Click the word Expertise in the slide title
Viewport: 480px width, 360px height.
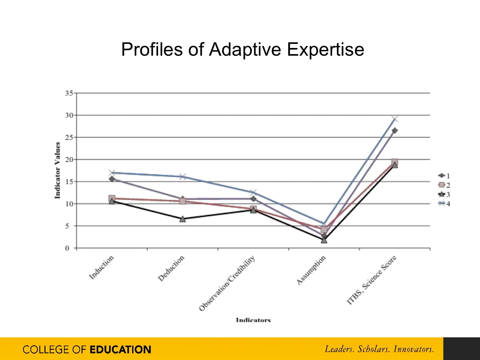pos(325,50)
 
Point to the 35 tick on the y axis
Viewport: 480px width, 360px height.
pos(69,93)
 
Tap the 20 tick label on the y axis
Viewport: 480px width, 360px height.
pos(69,159)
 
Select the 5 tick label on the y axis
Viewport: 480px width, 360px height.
pos(67,226)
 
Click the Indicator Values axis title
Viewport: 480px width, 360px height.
pos(58,170)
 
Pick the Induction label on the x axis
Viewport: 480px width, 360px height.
pos(101,268)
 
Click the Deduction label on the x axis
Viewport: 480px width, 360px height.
pos(171,268)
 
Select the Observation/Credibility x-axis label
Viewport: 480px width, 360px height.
pos(227,283)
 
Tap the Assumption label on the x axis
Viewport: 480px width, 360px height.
pos(311,270)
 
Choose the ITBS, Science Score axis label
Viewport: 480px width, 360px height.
pos(372,280)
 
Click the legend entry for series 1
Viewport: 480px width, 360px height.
pos(444,176)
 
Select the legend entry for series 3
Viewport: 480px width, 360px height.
pos(444,194)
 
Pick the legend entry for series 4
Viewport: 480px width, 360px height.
pos(444,204)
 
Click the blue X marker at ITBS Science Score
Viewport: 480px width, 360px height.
pos(395,119)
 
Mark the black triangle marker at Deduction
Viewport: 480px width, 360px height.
pos(182,219)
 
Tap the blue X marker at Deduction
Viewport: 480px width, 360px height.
pos(182,177)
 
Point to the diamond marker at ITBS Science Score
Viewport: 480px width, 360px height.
pos(395,131)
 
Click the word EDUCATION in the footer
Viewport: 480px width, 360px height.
pos(120,349)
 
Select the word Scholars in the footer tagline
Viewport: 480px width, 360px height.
pos(374,349)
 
